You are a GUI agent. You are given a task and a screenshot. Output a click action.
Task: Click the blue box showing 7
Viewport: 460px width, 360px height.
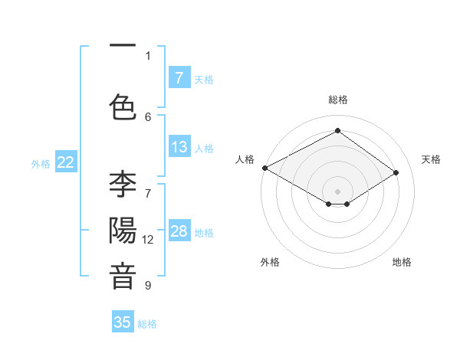(x=179, y=77)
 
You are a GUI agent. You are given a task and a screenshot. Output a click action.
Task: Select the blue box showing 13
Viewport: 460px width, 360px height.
(x=179, y=147)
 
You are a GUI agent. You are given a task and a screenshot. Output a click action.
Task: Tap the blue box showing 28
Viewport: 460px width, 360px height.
(x=179, y=231)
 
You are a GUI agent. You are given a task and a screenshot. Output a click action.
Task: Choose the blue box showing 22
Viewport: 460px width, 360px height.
(x=66, y=162)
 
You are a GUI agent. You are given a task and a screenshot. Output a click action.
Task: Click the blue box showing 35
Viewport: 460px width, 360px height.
(x=123, y=322)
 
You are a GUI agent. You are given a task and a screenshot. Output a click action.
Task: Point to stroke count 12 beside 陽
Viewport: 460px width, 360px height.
(x=148, y=240)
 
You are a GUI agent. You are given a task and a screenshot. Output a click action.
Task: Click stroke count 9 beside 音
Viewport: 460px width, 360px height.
(x=148, y=286)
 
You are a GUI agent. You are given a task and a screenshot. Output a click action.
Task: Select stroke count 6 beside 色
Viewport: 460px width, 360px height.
(x=148, y=116)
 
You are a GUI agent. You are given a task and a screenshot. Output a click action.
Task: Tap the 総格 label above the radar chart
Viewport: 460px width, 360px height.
(x=337, y=100)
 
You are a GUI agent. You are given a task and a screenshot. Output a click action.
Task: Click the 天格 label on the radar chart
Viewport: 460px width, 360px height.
(x=431, y=159)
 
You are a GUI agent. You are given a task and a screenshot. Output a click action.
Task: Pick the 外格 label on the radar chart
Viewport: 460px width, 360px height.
(x=270, y=262)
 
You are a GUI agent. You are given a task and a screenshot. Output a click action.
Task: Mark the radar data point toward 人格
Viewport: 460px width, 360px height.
(x=264, y=167)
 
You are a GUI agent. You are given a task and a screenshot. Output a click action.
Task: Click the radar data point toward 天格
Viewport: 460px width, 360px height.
(x=396, y=172)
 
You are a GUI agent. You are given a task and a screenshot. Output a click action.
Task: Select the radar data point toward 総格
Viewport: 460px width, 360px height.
(x=337, y=130)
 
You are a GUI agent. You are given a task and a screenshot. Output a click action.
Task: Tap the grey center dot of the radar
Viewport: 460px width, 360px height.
(x=337, y=190)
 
